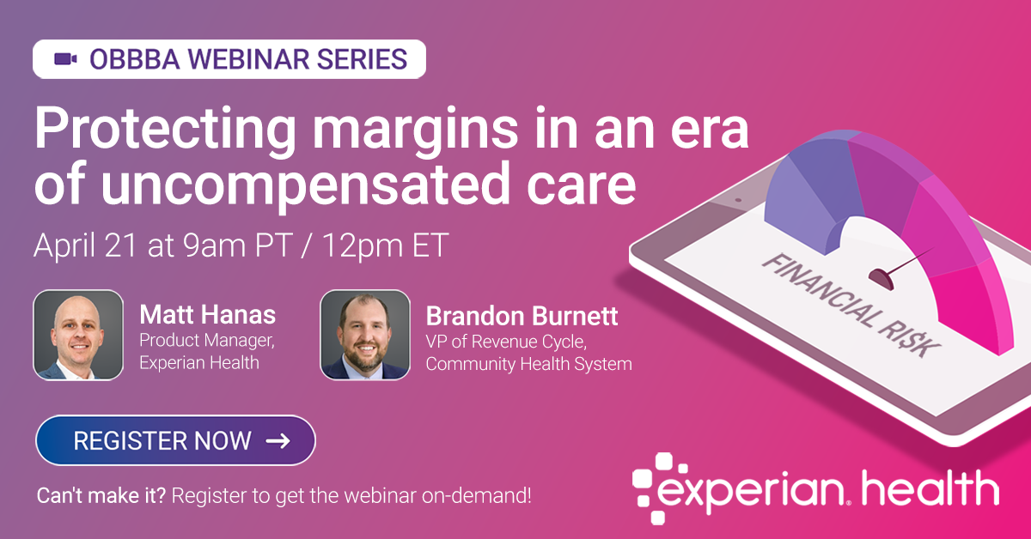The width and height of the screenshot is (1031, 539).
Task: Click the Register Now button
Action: point(175,440)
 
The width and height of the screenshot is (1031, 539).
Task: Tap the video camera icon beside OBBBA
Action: point(66,59)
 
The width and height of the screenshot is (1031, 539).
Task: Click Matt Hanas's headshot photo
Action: point(78,335)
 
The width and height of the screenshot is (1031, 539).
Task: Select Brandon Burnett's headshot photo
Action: point(365,335)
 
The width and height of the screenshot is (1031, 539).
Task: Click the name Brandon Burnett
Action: point(522,316)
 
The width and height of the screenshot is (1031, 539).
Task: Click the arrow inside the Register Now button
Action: point(278,441)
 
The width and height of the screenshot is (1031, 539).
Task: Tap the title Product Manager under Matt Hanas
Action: point(207,341)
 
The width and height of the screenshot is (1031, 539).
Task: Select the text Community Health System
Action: point(528,364)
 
